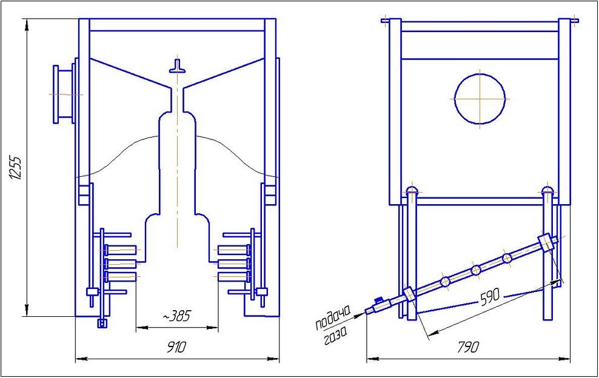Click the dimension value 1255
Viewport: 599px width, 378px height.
(x=16, y=167)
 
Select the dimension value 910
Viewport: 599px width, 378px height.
(x=176, y=347)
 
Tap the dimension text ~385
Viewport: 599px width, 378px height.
(x=176, y=316)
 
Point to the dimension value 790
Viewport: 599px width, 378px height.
(x=469, y=347)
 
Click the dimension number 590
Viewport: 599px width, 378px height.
(x=490, y=297)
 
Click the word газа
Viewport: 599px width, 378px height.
(x=336, y=336)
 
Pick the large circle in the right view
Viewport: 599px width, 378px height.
(x=480, y=99)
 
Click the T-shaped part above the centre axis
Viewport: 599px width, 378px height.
(x=177, y=66)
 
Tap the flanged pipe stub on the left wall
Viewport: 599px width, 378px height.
(x=64, y=94)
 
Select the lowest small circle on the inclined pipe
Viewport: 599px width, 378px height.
(x=445, y=282)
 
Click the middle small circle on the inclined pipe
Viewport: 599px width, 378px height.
(x=476, y=270)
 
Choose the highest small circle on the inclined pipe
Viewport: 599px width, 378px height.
(x=507, y=259)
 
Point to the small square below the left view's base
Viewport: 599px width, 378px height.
(x=102, y=323)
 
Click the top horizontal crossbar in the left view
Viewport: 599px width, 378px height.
(x=177, y=25)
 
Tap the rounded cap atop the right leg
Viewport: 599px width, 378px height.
(x=548, y=190)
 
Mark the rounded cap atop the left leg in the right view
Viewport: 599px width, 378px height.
(x=412, y=190)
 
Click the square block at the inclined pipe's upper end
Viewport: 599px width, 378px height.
(x=546, y=242)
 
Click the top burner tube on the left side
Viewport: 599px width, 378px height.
(x=121, y=250)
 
